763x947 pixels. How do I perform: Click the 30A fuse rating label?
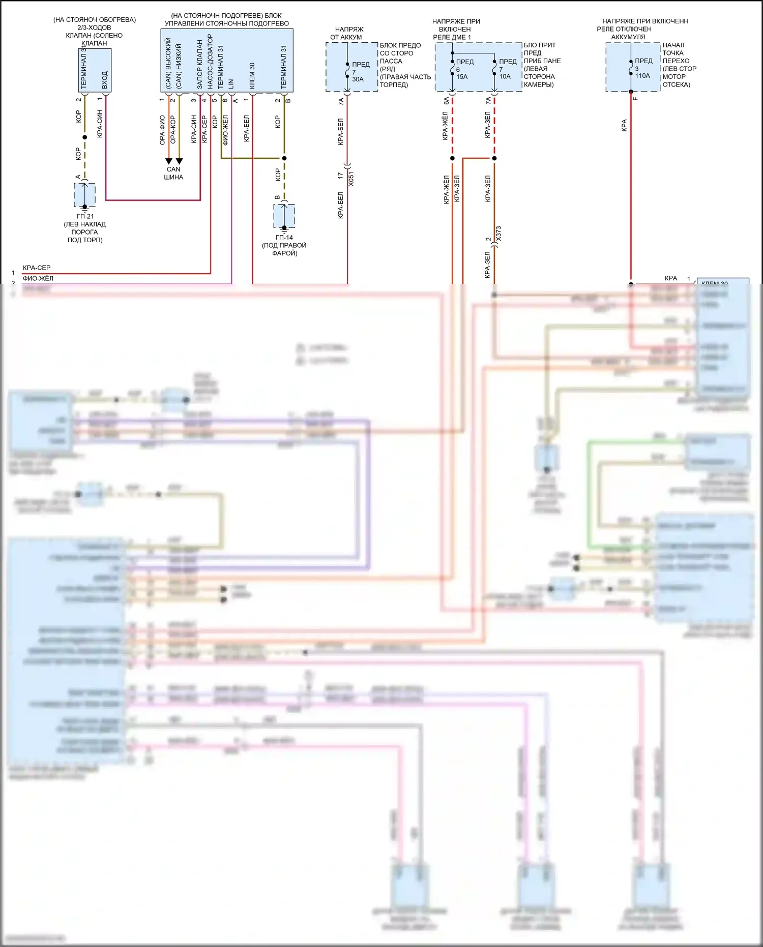(x=358, y=79)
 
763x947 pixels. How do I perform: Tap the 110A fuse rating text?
(x=642, y=76)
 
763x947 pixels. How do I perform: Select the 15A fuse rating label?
(x=462, y=77)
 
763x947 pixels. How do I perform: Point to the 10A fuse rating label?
(x=505, y=77)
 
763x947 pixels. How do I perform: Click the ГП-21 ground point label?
(x=85, y=216)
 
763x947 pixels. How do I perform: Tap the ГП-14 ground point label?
(x=284, y=238)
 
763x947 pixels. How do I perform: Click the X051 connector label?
(x=351, y=179)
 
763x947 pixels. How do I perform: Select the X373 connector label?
(x=498, y=234)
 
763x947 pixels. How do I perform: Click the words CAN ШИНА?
(x=173, y=173)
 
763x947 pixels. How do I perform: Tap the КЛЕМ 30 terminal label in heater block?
(x=252, y=76)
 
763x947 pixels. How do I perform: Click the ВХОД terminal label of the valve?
(x=105, y=80)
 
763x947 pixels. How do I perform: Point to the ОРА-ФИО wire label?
(x=162, y=130)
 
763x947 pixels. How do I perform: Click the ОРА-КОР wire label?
(x=173, y=130)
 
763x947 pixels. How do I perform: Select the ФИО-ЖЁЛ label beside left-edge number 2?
(x=38, y=278)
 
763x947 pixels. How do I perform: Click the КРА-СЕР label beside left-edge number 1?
(x=37, y=268)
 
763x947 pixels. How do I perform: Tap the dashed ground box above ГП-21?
(x=84, y=195)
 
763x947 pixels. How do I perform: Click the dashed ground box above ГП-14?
(x=284, y=216)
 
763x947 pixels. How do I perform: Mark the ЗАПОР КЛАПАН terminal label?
(x=199, y=65)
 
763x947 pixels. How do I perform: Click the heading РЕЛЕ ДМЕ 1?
(x=452, y=37)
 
